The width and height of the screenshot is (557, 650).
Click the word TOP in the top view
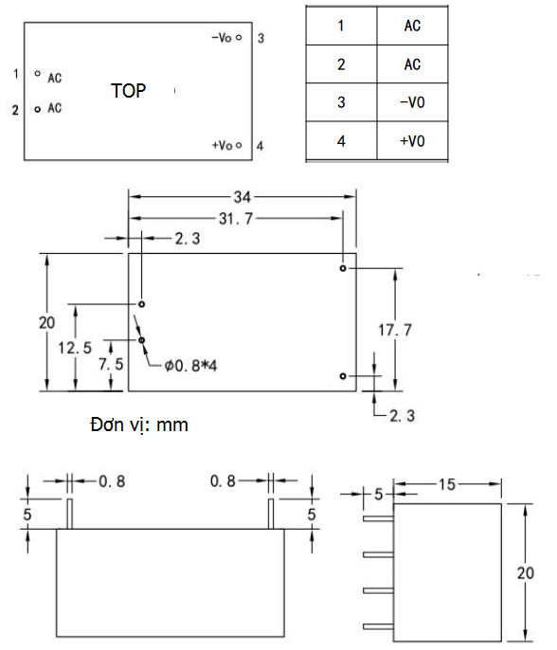(x=129, y=91)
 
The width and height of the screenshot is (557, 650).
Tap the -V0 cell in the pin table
(x=412, y=102)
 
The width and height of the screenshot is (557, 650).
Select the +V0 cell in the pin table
(x=412, y=141)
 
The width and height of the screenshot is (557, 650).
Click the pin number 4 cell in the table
(x=341, y=141)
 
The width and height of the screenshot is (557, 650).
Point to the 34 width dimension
(x=243, y=197)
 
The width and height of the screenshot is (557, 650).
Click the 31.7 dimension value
(x=236, y=219)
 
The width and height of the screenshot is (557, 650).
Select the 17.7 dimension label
(x=395, y=330)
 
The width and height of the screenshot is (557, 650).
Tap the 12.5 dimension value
(x=75, y=348)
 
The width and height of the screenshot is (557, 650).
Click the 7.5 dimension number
(x=111, y=364)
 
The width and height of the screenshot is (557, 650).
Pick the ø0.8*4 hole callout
(x=190, y=366)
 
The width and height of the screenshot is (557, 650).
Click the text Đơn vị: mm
(x=139, y=424)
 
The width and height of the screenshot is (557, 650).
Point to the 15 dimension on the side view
(x=447, y=484)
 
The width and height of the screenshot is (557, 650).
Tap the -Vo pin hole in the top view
(x=239, y=37)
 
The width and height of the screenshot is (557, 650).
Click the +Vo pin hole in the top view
(x=239, y=145)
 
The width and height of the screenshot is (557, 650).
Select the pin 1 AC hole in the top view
(x=38, y=73)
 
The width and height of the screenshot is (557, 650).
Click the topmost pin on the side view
(x=378, y=518)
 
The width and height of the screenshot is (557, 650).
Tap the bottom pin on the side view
(x=378, y=626)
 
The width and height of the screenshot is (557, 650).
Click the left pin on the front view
(x=70, y=514)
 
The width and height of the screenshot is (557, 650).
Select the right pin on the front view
(x=271, y=514)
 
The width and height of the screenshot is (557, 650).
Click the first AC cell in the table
(x=412, y=26)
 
